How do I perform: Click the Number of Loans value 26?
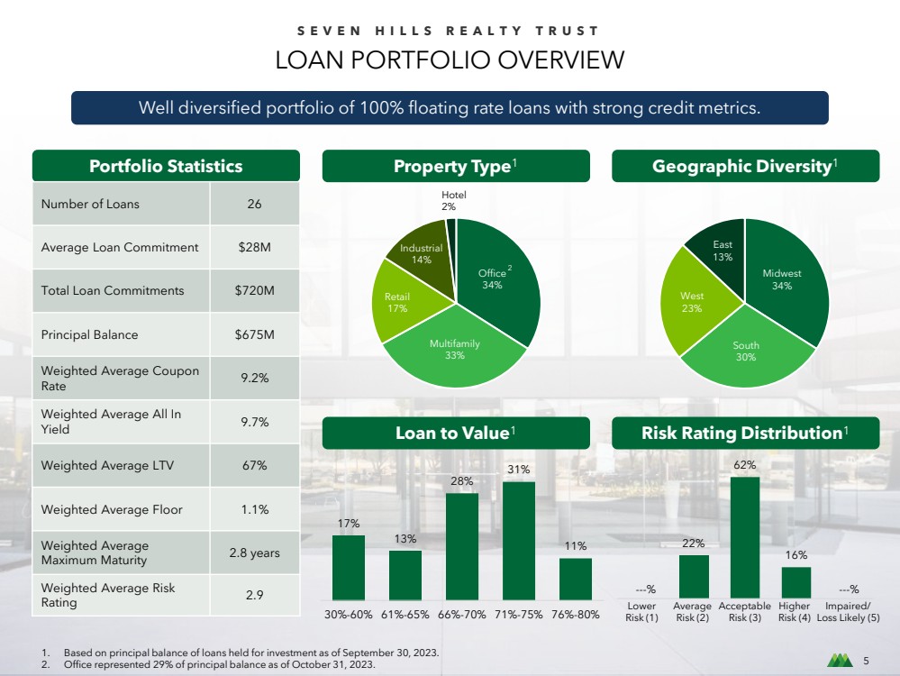[254, 204]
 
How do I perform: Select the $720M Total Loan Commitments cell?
[254, 290]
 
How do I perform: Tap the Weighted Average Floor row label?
[112, 509]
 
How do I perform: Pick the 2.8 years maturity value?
[254, 553]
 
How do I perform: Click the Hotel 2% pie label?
[453, 200]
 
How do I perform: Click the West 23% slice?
[695, 302]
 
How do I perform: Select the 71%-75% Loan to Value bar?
[518, 541]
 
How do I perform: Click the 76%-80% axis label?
[575, 615]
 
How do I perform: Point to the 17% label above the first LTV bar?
[349, 524]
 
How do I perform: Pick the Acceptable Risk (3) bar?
[744, 537]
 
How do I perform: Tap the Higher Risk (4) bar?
[796, 582]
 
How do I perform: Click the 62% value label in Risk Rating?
[744, 465]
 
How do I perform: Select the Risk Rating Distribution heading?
[745, 433]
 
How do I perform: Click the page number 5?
[866, 661]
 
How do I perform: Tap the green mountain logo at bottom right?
[840, 661]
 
